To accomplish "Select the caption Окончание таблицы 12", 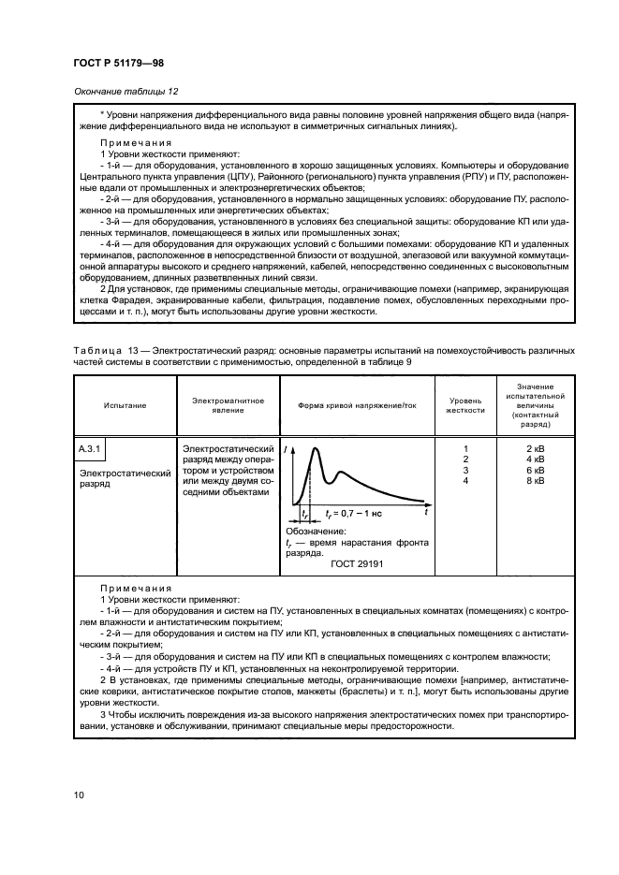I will (121, 91).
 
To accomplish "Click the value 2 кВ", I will (537, 449).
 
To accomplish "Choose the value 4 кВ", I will (537, 459).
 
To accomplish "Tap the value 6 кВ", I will (537, 470).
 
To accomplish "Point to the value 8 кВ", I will (537, 480).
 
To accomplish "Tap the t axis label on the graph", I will (425, 513).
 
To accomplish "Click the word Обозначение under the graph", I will (316, 531).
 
